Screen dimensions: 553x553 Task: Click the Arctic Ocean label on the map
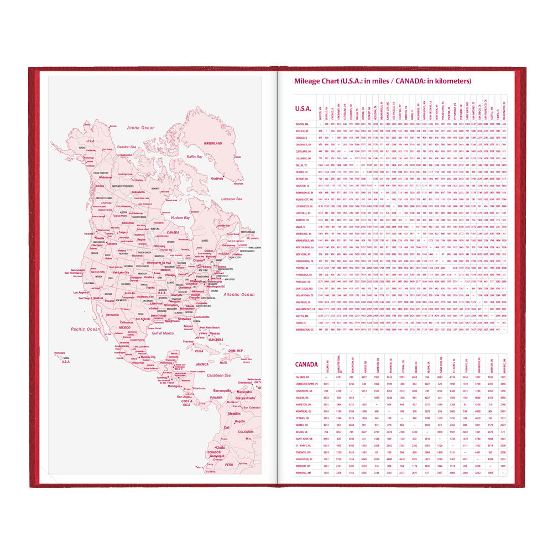point(141,127)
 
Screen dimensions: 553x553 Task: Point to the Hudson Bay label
point(180,217)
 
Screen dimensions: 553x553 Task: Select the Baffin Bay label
point(194,156)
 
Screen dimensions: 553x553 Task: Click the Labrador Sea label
point(235,199)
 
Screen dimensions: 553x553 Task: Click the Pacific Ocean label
point(85,329)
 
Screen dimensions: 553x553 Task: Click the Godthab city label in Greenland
point(217,179)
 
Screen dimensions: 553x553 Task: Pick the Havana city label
point(190,341)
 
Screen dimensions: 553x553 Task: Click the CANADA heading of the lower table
point(306,364)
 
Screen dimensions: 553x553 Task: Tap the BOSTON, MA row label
point(302,124)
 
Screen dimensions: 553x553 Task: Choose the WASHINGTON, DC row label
point(305,329)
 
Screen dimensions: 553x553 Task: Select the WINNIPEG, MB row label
point(305,473)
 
